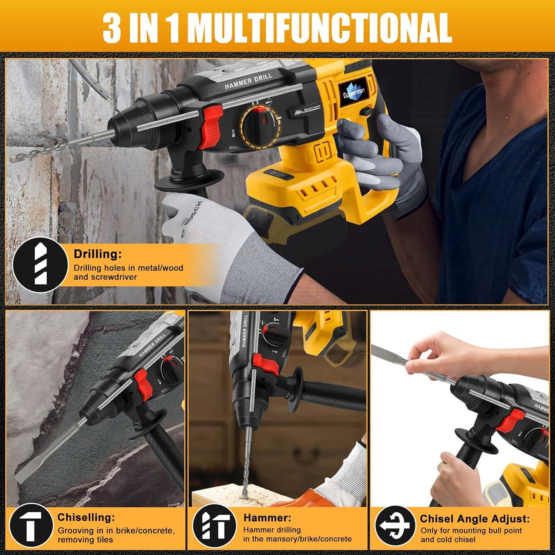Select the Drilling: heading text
97,254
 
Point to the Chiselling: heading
86,517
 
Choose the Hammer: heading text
267,518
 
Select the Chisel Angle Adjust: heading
474,519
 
